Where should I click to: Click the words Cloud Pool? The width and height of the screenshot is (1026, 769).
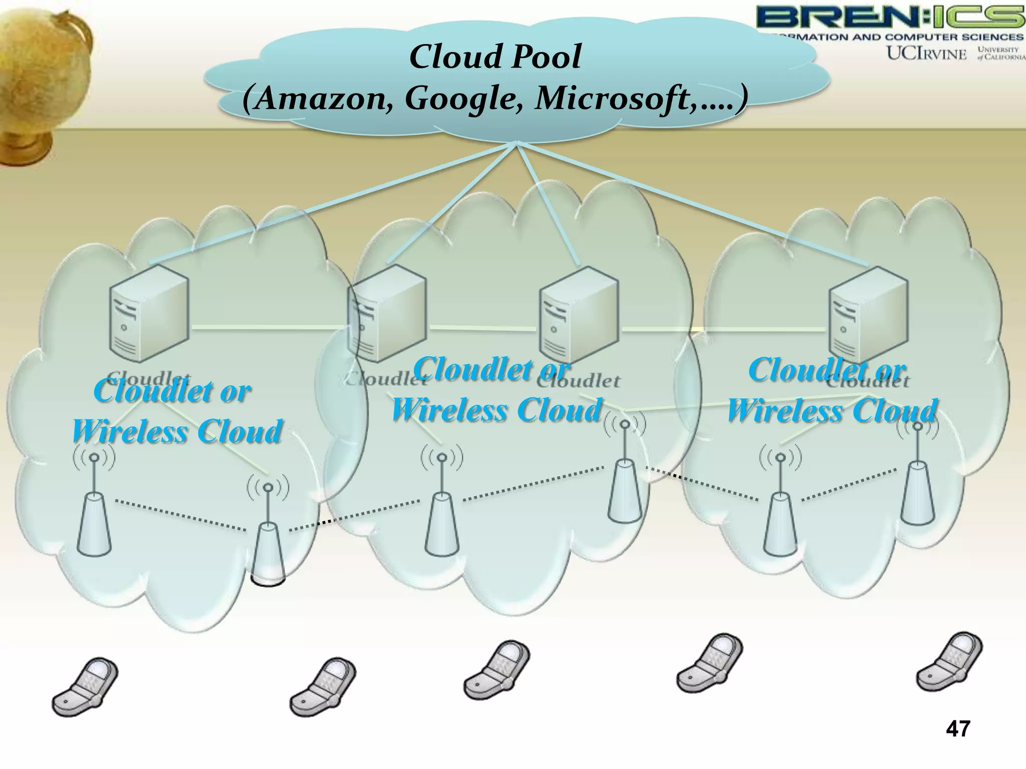tap(495, 56)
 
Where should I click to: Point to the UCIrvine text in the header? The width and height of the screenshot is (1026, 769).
tap(926, 54)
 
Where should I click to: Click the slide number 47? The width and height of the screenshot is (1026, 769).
tap(958, 742)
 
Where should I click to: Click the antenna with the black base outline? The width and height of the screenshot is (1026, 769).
tap(268, 551)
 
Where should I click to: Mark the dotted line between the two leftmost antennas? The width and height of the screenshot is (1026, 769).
tap(180, 514)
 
